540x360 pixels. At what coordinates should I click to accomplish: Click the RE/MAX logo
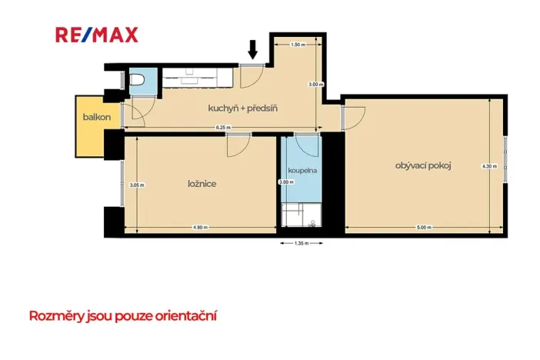tap(96, 35)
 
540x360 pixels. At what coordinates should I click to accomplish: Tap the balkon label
tap(97, 118)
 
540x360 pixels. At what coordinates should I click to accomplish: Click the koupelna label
tap(301, 170)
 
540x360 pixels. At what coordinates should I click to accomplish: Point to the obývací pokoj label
tap(422, 165)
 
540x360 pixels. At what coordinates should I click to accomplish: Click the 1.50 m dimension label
tap(298, 45)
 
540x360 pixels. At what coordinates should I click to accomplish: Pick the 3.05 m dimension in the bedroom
tap(137, 185)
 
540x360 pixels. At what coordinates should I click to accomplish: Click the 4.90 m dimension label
tap(200, 227)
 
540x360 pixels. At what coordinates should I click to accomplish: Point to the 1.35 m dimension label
tap(301, 244)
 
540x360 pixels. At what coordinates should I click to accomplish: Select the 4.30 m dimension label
tap(488, 165)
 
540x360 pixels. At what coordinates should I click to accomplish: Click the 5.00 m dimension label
tap(423, 227)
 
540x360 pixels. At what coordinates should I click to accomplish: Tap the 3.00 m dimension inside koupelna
tap(286, 182)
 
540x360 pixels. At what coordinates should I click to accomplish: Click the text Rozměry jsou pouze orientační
tap(122, 315)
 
